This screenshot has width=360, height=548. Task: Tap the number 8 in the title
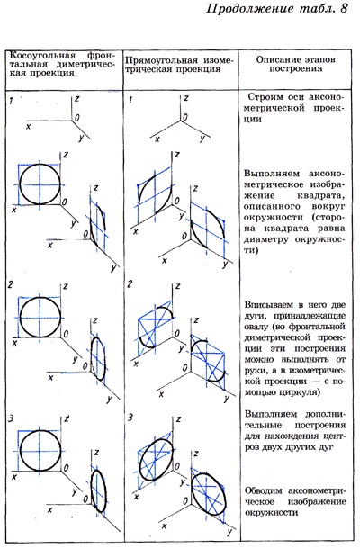[x=344, y=8]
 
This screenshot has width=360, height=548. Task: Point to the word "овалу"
[x=255, y=327]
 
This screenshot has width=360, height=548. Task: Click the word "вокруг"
[x=328, y=207]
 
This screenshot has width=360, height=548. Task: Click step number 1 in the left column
[x=11, y=102]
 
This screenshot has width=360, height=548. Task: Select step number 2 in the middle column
[x=130, y=284]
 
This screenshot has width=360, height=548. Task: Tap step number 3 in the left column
[x=11, y=418]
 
